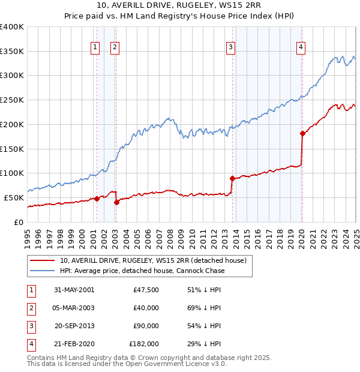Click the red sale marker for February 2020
pos(302,133)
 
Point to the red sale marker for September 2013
pos(232,178)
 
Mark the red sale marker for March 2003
pos(116,202)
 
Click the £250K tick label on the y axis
pos(12,100)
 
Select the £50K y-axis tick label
pos(14,197)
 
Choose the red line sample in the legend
pos(42,261)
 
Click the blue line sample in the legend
pos(42,271)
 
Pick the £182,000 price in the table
pos(144,344)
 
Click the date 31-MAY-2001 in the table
pos(74,290)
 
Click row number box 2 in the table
pos(31,308)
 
